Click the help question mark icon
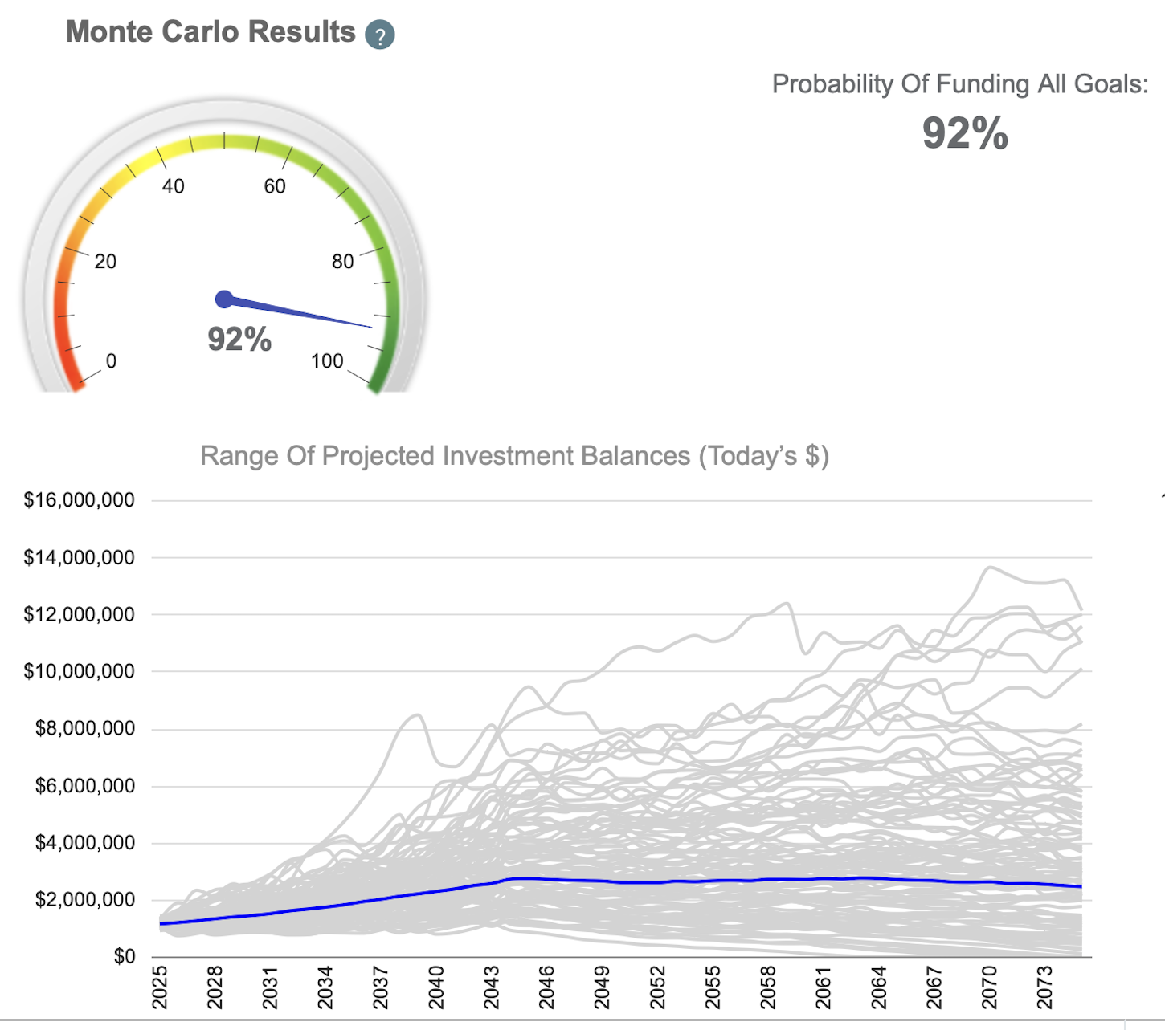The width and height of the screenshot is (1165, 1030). [x=379, y=35]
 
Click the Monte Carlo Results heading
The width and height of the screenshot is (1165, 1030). [x=211, y=32]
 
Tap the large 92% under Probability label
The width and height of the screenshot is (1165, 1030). [x=964, y=133]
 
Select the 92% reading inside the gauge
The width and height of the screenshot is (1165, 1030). [x=239, y=340]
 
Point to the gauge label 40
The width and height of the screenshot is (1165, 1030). [x=173, y=187]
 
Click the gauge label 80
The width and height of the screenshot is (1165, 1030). [x=343, y=262]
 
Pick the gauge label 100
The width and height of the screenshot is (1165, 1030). [x=327, y=361]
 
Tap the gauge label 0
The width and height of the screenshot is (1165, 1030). [x=111, y=361]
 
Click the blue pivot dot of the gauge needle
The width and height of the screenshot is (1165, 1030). [x=224, y=299]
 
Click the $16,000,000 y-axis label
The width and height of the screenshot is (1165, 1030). [x=79, y=500]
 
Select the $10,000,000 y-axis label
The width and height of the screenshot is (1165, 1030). [x=79, y=671]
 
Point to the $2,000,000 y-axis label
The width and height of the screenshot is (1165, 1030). [x=84, y=900]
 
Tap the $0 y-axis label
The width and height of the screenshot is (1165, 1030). [x=124, y=957]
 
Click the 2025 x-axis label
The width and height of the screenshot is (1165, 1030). [x=159, y=987]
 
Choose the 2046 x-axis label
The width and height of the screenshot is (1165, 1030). [x=546, y=987]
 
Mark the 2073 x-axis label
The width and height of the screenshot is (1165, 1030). [x=1044, y=987]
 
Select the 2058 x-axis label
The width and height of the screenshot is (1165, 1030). [x=768, y=987]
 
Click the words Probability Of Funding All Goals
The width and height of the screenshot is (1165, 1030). [x=959, y=84]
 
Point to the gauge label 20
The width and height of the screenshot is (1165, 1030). [x=105, y=262]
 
